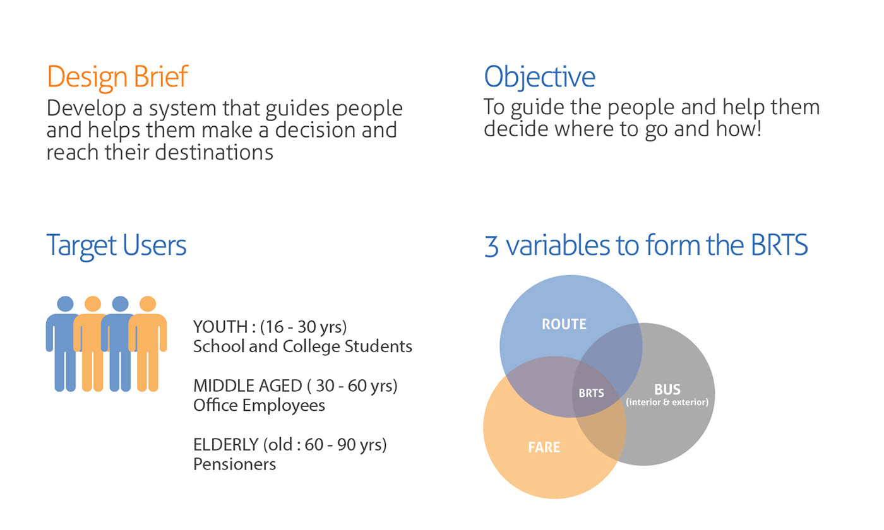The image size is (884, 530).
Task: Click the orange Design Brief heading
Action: (x=117, y=77)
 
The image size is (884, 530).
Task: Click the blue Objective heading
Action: (x=539, y=77)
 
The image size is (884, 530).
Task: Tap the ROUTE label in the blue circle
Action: (x=564, y=324)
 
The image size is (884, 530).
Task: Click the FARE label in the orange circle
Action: (x=544, y=447)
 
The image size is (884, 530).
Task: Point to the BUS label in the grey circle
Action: (x=667, y=390)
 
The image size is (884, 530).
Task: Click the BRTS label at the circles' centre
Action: (x=591, y=393)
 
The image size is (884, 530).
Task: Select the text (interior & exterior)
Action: (x=667, y=403)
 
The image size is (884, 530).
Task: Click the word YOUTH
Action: (x=220, y=327)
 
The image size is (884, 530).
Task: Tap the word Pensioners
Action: (x=235, y=464)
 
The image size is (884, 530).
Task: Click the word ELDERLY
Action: (x=226, y=445)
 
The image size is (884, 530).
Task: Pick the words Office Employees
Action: (x=260, y=405)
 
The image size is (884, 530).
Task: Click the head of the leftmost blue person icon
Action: (x=65, y=304)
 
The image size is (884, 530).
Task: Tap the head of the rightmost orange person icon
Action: (x=148, y=304)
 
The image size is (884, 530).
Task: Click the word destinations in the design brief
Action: (x=214, y=152)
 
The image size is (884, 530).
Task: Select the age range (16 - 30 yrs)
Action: (x=304, y=327)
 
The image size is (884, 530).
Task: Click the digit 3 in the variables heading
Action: (x=491, y=247)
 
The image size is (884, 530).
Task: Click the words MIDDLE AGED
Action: (x=248, y=386)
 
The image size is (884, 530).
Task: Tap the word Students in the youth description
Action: (x=378, y=346)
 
